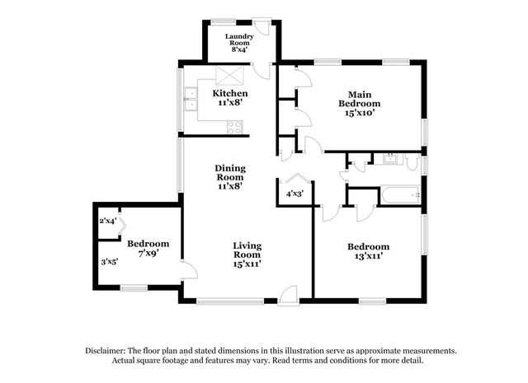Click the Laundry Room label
(x=239, y=40)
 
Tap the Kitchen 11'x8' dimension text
(x=230, y=103)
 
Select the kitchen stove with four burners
(x=234, y=127)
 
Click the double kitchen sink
(x=191, y=99)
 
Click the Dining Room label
(x=230, y=172)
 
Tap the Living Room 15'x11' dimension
(x=247, y=264)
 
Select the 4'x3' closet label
(x=295, y=194)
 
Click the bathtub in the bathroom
(x=400, y=194)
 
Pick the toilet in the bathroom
(x=412, y=162)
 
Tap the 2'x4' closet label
(x=108, y=221)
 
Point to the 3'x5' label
(x=110, y=261)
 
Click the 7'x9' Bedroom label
(x=148, y=248)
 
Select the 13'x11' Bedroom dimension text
(x=369, y=256)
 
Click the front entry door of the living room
(x=288, y=296)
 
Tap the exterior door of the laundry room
(x=262, y=26)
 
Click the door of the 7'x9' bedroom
(x=189, y=269)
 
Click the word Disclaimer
(x=106, y=351)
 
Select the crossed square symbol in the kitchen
(x=229, y=75)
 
